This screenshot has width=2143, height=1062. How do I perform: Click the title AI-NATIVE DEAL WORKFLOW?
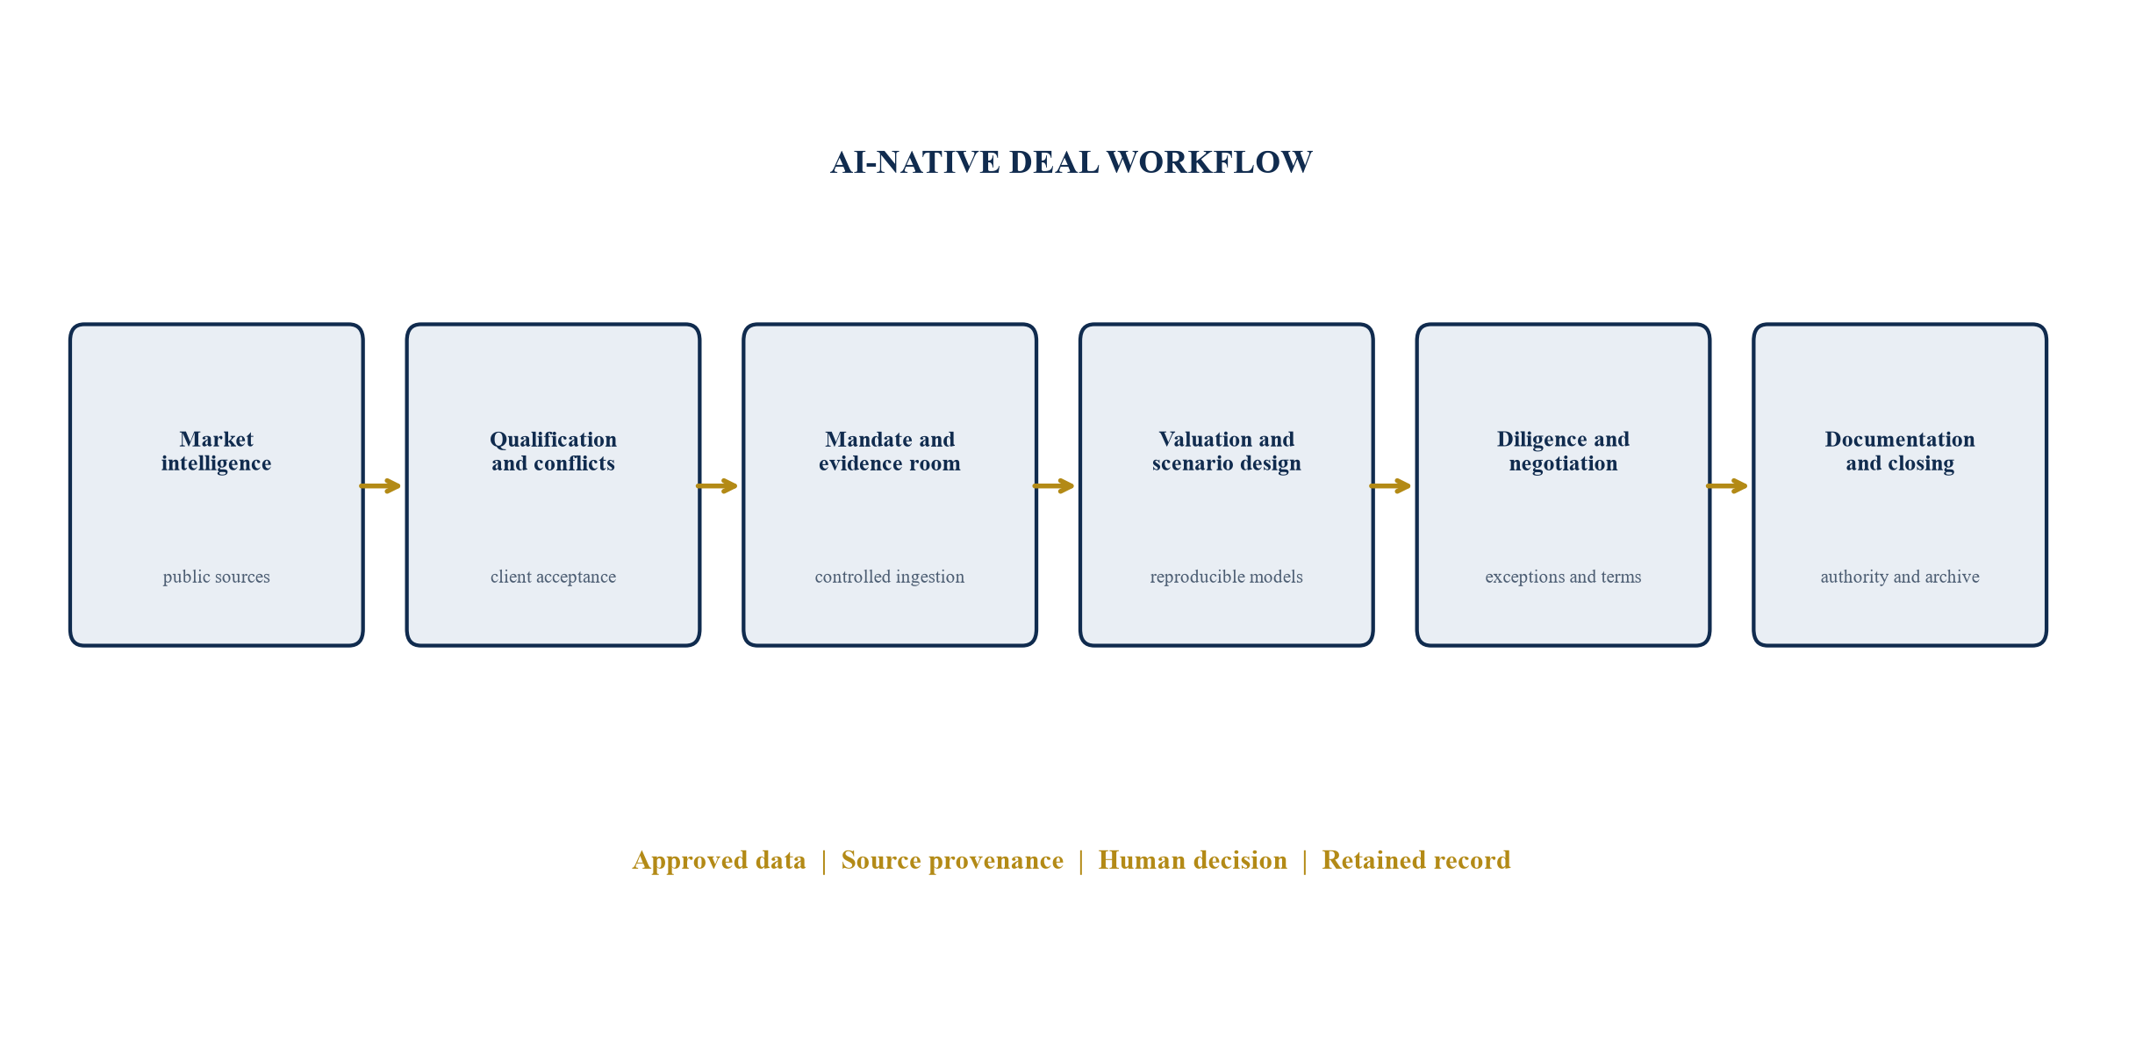(1071, 162)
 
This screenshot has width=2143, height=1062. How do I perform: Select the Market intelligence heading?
(217, 451)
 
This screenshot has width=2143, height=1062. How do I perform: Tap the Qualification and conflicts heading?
(553, 451)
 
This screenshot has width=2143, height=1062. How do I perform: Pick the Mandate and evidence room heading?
(890, 451)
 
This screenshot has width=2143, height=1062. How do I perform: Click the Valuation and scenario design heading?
(1227, 451)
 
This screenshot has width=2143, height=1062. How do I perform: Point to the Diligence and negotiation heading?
(1563, 451)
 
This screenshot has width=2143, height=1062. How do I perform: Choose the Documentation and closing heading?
(1900, 451)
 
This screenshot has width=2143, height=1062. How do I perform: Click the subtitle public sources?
(217, 577)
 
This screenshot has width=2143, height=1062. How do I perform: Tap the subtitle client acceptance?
(553, 577)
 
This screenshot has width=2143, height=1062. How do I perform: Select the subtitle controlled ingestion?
(890, 577)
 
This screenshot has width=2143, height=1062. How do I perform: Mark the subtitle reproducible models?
(1227, 577)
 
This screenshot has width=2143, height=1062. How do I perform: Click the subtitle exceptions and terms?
(1563, 577)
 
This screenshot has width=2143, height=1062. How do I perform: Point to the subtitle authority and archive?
(1900, 577)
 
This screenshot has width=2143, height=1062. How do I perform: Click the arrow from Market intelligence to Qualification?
(380, 485)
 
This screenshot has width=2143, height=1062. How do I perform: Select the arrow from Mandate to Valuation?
(1054, 485)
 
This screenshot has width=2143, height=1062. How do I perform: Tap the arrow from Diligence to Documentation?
(1727, 485)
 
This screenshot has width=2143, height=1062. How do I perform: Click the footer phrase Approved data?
(720, 860)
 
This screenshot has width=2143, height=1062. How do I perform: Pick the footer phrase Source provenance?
(952, 860)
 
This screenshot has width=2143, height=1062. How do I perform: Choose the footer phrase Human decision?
(1193, 860)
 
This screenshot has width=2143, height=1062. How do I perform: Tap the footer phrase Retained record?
(1416, 860)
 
